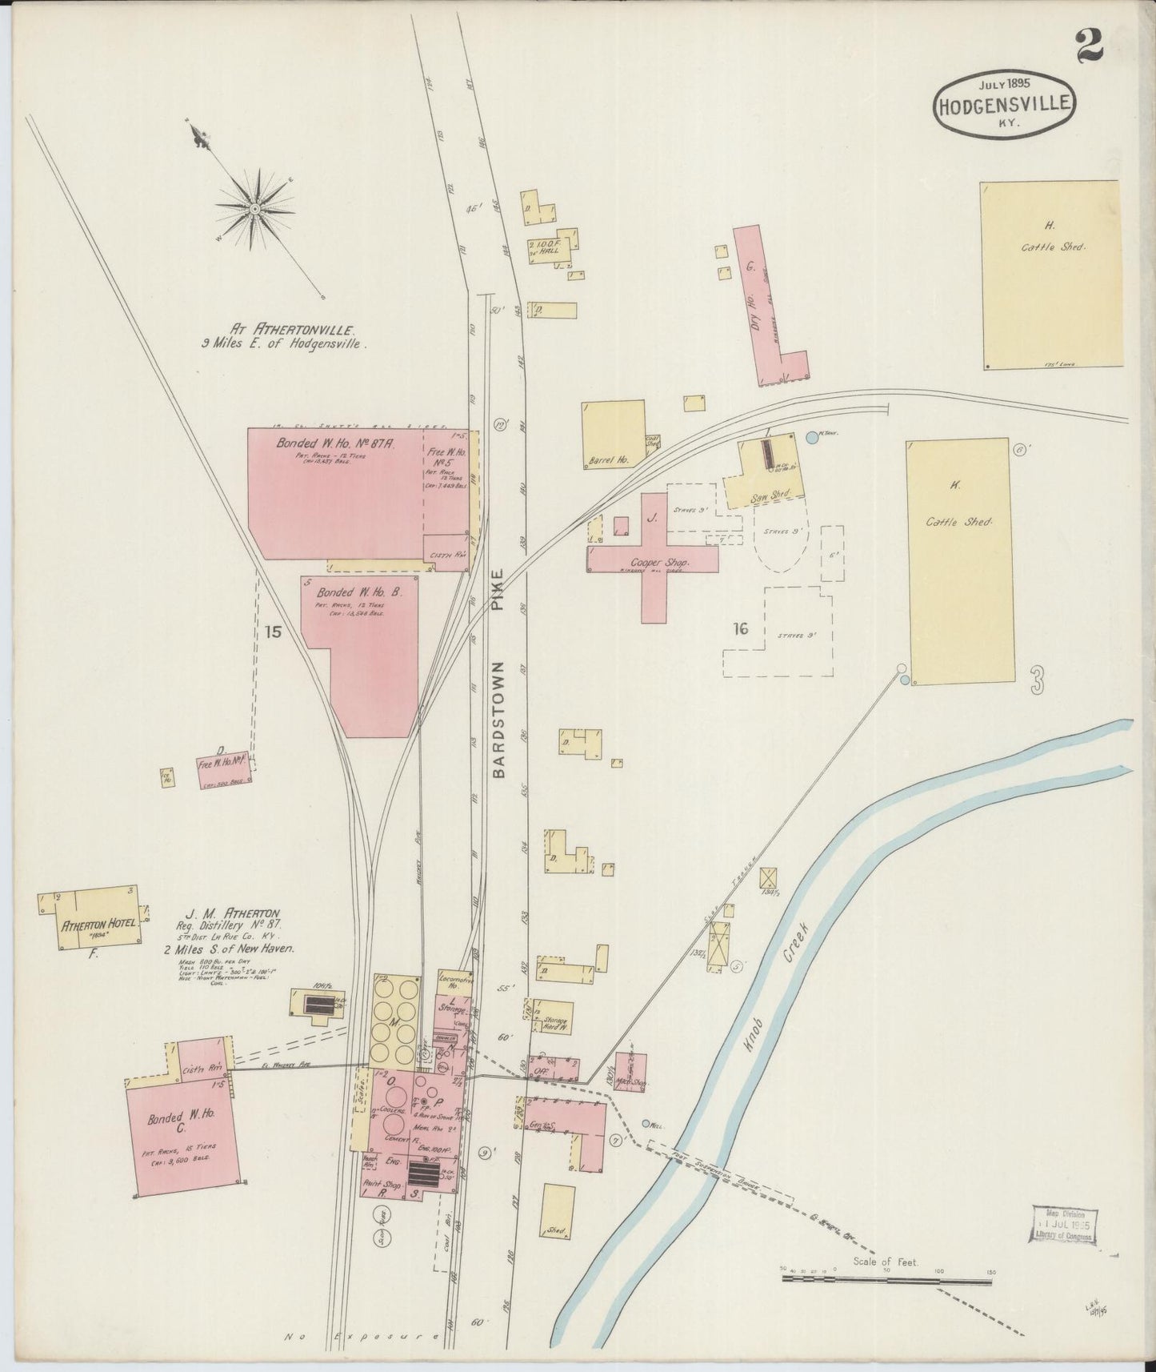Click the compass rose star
pos(254,207)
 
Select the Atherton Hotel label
pos(98,926)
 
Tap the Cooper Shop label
pos(661,564)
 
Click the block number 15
pos(274,632)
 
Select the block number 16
pos(740,629)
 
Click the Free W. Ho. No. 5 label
pos(445,459)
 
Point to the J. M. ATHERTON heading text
pos(232,913)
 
